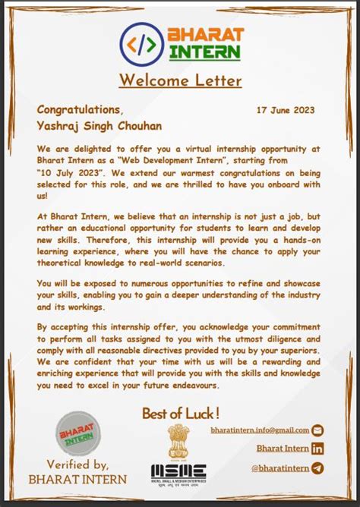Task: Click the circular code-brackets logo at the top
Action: click(x=141, y=43)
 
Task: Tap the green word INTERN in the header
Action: click(x=204, y=52)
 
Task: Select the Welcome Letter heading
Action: click(x=180, y=80)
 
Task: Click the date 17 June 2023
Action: click(x=286, y=109)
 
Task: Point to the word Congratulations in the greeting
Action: click(x=80, y=109)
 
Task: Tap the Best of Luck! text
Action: click(x=181, y=414)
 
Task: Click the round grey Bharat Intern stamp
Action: click(x=77, y=436)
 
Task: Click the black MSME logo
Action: click(x=178, y=472)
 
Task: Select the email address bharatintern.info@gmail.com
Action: click(x=260, y=430)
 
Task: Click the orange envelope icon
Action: click(x=318, y=430)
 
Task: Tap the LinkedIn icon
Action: click(x=317, y=449)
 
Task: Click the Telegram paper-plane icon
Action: click(x=317, y=468)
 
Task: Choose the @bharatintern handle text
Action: click(x=279, y=468)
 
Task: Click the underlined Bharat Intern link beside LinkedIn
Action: click(x=283, y=449)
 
